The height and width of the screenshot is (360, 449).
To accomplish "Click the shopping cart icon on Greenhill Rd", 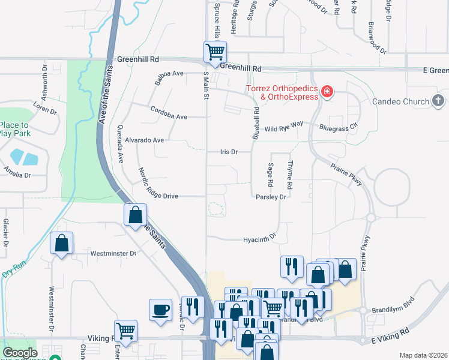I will click(x=215, y=51).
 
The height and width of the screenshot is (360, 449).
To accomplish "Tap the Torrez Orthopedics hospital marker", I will click(x=327, y=92).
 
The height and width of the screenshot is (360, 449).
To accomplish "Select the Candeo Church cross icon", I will click(x=438, y=101).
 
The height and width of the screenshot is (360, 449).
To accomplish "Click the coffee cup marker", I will click(x=160, y=310).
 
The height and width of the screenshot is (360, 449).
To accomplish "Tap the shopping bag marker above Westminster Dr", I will click(x=61, y=243).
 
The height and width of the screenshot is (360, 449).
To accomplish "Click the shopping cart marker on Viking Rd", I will click(x=125, y=330).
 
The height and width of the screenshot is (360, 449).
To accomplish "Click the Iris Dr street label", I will click(x=228, y=152).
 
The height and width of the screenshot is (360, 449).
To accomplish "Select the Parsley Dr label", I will click(x=269, y=196).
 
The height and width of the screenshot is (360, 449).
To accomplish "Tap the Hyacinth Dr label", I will click(x=259, y=239).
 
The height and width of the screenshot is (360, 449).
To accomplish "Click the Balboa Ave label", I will click(x=169, y=77).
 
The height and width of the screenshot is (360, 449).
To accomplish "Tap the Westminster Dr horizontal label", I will click(x=113, y=253).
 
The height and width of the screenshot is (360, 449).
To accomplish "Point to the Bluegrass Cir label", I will click(x=338, y=127).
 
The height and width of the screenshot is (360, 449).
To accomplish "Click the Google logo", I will click(x=20, y=353).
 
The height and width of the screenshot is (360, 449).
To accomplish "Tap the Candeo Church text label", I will click(x=401, y=101).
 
